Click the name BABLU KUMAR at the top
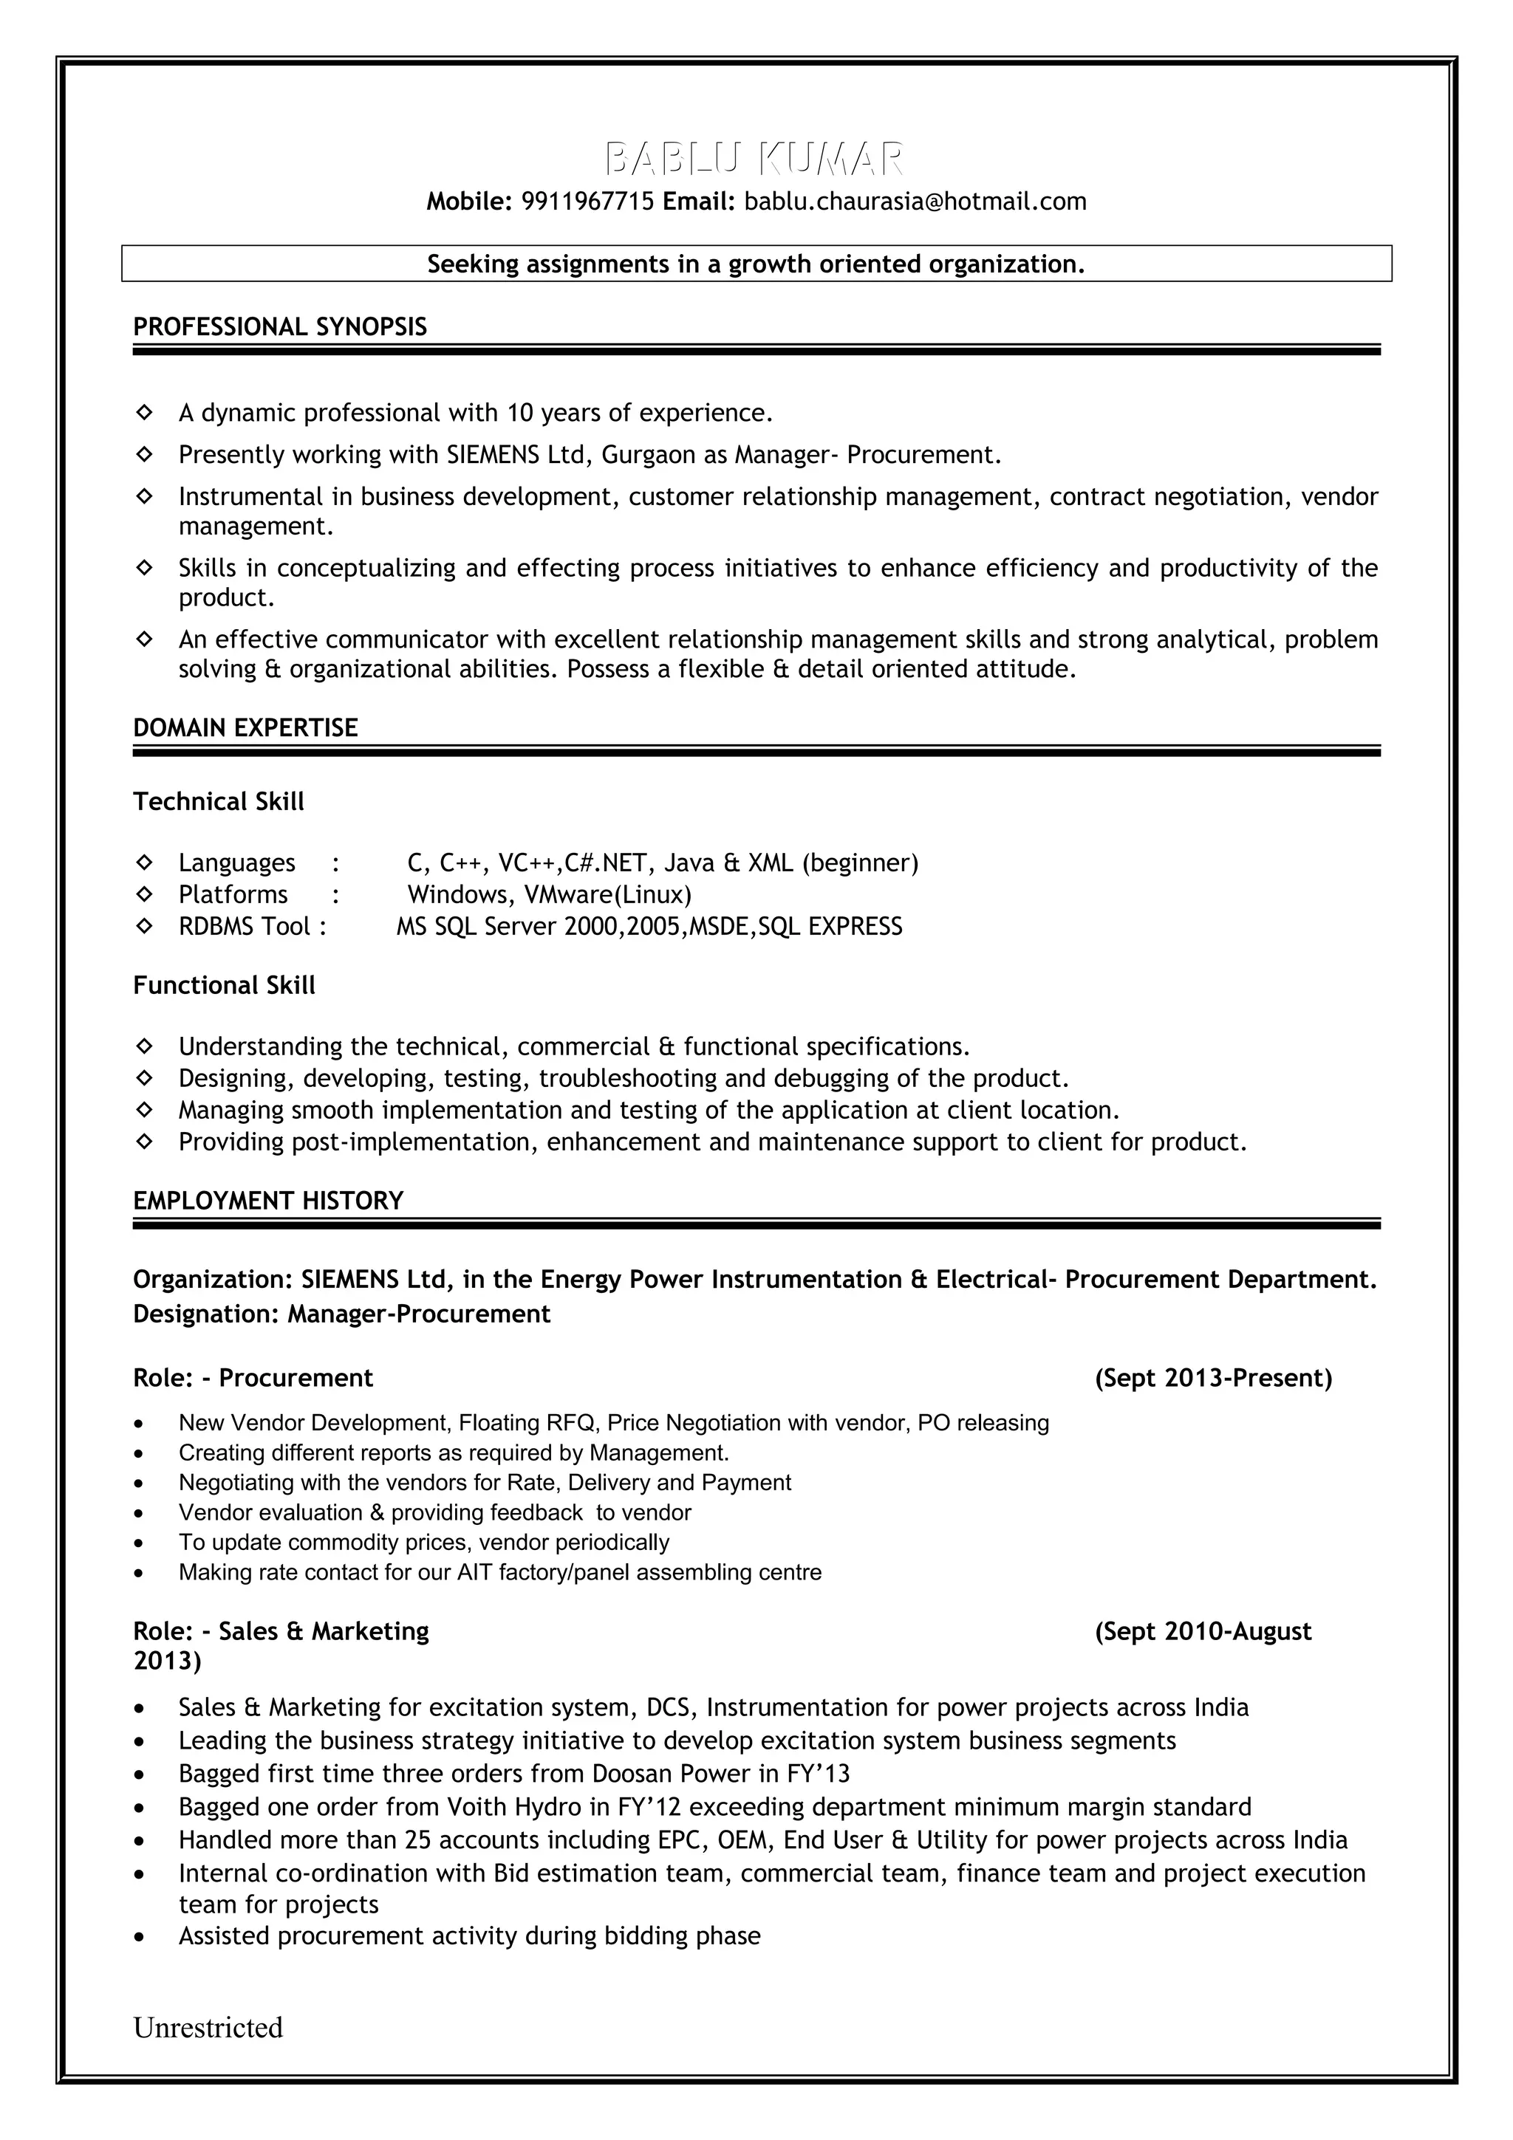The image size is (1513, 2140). click(x=754, y=160)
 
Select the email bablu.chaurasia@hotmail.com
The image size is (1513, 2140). click(x=915, y=202)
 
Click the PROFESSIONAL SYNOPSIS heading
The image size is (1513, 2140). click(x=280, y=327)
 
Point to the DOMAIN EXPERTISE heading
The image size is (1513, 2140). click(x=245, y=728)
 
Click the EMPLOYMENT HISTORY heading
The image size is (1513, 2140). click(x=268, y=1201)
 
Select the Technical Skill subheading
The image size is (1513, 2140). click(x=218, y=801)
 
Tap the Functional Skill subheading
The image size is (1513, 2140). click(x=224, y=985)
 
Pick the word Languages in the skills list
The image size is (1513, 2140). click(x=237, y=863)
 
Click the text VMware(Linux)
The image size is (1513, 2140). click(x=608, y=895)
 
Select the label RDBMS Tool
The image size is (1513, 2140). click(x=245, y=927)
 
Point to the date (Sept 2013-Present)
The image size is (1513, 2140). click(x=1213, y=1378)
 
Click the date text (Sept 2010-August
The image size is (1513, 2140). click(x=1203, y=1631)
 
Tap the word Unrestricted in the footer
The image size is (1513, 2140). click(x=208, y=2027)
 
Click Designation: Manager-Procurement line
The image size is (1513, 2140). click(x=341, y=1314)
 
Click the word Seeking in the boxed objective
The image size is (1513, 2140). click(x=472, y=264)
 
